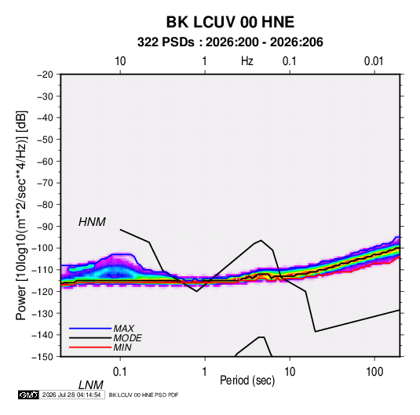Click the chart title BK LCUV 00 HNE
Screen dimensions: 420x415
pyautogui.click(x=230, y=22)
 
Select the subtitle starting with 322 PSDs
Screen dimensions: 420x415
pyautogui.click(x=230, y=42)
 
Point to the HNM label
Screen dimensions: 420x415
pyautogui.click(x=92, y=222)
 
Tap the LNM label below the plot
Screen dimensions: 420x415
pyautogui.click(x=90, y=385)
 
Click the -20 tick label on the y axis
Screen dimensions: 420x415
pyautogui.click(x=45, y=75)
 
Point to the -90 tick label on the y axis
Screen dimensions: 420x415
pyautogui.click(x=45, y=227)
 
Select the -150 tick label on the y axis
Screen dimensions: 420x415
pyautogui.click(x=42, y=357)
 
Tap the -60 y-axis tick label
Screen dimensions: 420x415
pyautogui.click(x=45, y=161)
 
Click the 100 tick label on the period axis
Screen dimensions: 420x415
pyautogui.click(x=374, y=372)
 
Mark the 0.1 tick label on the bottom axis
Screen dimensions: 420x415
pyautogui.click(x=119, y=372)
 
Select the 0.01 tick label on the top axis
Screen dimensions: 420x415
pyautogui.click(x=374, y=61)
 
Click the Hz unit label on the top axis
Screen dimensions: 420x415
pyautogui.click(x=247, y=61)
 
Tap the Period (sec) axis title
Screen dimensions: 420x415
pyautogui.click(x=247, y=380)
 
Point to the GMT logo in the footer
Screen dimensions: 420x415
pyautogui.click(x=28, y=395)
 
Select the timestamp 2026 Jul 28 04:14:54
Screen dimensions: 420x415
pyautogui.click(x=71, y=395)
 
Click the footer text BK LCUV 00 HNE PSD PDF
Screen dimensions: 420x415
pyautogui.click(x=144, y=395)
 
